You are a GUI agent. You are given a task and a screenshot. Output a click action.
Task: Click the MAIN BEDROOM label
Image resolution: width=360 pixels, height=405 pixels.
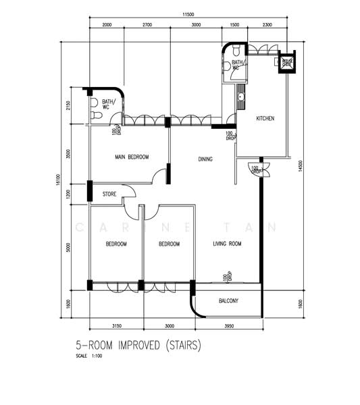[x=131, y=157]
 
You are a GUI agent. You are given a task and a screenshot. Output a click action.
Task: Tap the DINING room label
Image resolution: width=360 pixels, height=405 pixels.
[x=205, y=159]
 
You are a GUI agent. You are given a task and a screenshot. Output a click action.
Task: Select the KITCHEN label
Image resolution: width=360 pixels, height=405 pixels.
[x=265, y=119]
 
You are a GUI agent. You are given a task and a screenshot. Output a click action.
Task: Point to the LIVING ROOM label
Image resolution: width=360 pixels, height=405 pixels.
[x=228, y=244]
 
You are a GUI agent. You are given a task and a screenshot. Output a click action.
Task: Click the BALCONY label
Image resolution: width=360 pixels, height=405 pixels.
[x=229, y=301]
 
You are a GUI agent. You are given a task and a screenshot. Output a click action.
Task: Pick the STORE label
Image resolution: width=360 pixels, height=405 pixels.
[x=109, y=194]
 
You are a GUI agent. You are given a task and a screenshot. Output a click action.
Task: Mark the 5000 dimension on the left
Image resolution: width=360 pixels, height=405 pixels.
[x=68, y=247]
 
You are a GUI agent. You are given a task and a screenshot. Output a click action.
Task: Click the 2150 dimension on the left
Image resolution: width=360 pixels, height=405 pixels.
[x=68, y=107]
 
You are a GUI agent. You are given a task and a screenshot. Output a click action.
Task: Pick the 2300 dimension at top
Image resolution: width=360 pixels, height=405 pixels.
[x=267, y=24]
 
